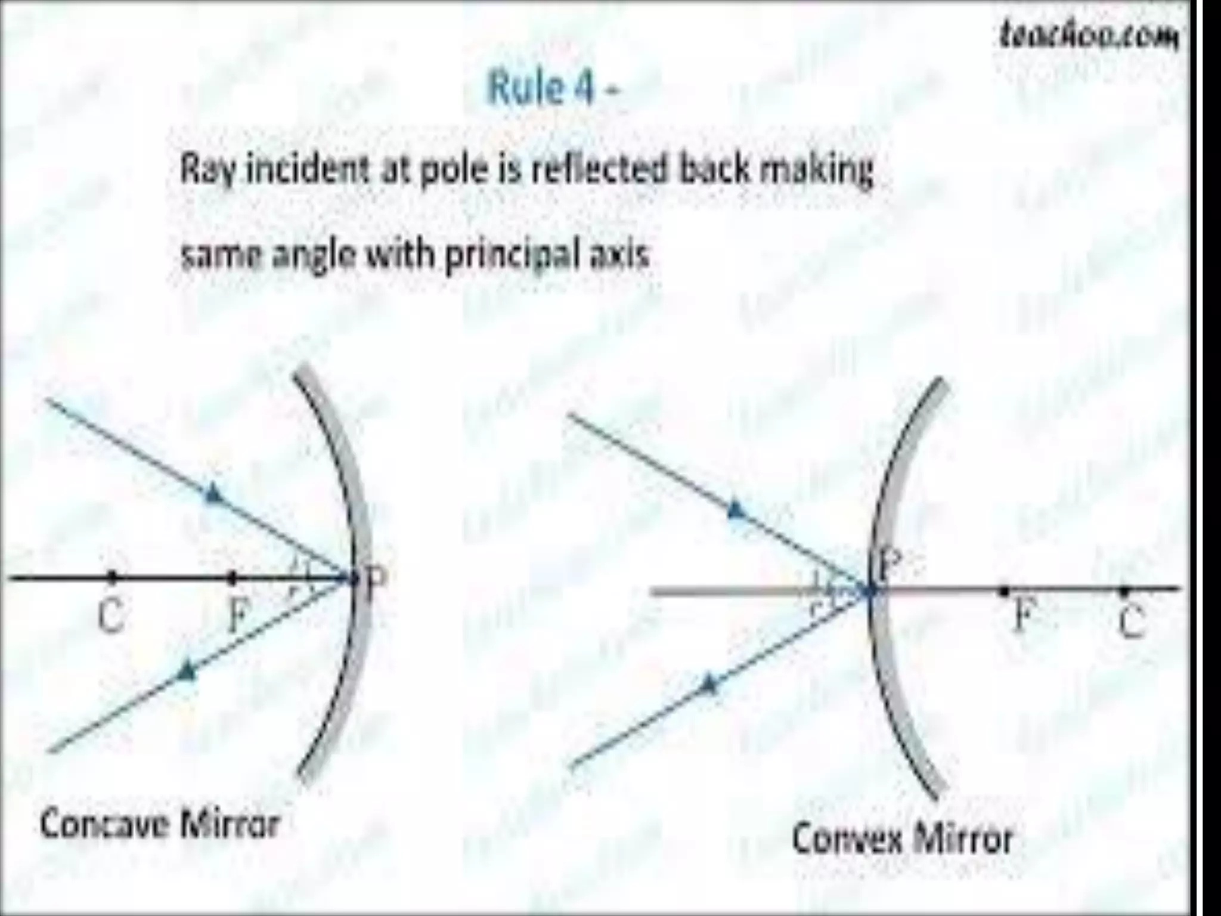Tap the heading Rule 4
(x=553, y=88)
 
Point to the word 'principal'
(x=506, y=256)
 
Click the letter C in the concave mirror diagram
(x=111, y=615)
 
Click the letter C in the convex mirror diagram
(x=1129, y=623)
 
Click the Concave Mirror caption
(x=160, y=825)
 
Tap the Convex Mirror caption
(x=902, y=838)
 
